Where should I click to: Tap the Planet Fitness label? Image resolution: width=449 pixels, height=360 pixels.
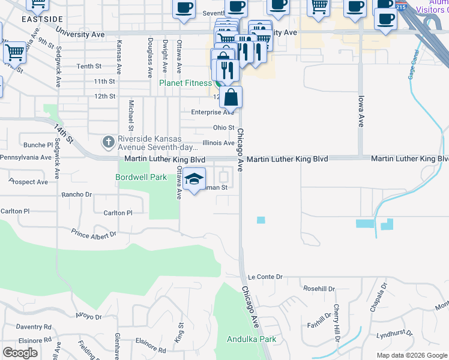[185, 83]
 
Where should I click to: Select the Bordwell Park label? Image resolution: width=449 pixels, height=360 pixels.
[141, 177]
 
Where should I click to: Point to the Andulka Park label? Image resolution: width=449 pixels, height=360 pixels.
[252, 339]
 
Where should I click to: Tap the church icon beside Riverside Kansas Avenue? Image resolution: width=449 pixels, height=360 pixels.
[108, 142]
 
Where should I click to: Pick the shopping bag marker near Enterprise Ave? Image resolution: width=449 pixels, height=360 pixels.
[231, 97]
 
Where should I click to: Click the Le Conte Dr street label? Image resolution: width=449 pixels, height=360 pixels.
[265, 277]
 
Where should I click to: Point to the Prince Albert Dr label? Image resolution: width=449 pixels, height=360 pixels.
[93, 232]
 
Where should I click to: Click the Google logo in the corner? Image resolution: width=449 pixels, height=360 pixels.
[20, 353]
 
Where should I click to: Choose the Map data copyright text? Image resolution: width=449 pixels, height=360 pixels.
[412, 355]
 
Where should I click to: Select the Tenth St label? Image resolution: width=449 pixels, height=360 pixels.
[89, 66]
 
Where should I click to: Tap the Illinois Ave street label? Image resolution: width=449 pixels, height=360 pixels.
[218, 143]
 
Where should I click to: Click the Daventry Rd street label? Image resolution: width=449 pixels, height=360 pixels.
[34, 327]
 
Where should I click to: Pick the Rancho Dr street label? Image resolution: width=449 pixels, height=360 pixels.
[77, 194]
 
